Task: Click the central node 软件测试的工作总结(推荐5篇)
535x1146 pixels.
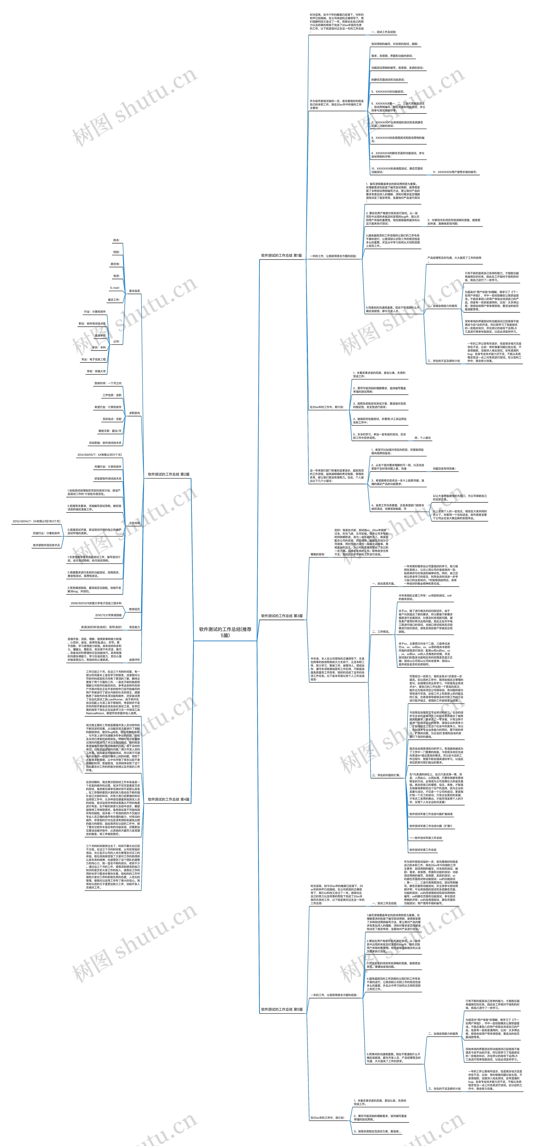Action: coord(225,632)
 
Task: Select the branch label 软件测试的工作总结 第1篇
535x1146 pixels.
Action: coord(281,255)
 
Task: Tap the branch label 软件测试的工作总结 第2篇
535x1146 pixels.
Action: coord(169,474)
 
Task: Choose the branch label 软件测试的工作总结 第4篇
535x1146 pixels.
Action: coord(169,799)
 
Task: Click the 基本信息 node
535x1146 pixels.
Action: coord(134,291)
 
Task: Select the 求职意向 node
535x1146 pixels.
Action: coord(134,413)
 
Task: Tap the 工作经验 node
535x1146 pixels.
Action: coord(134,523)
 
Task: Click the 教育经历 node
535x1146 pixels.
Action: coord(134,609)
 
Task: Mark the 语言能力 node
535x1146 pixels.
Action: coord(134,627)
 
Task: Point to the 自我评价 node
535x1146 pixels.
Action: coord(134,660)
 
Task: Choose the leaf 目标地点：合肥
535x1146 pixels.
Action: coord(112,419)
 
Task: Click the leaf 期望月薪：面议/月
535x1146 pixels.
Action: coord(109,431)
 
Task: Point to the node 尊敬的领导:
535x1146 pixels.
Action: coord(317,554)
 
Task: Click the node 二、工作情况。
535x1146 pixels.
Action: coord(381,631)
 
